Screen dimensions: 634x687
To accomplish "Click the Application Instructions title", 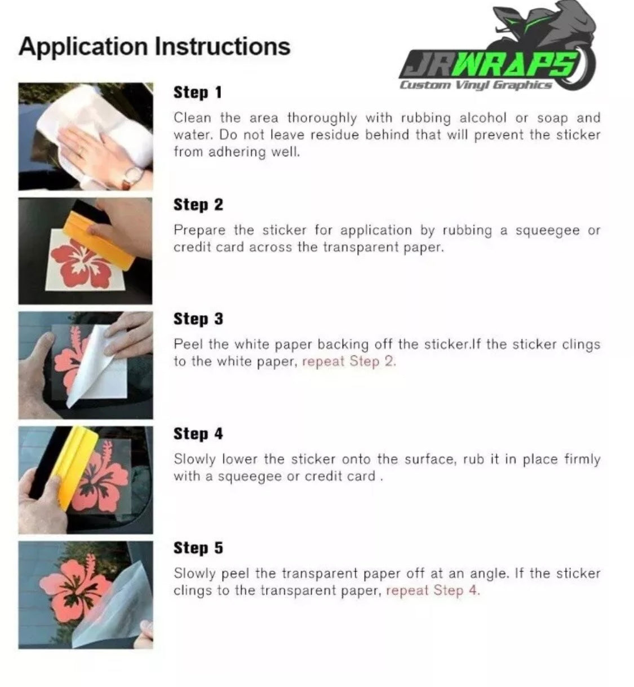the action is tap(154, 47).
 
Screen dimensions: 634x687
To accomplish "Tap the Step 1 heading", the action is tap(197, 93).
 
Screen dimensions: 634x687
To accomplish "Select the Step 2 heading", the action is tap(198, 204).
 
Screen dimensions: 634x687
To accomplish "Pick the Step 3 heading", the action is tap(198, 319).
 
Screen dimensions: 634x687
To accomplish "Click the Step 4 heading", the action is tap(198, 433).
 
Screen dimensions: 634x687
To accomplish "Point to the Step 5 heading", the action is tap(198, 548).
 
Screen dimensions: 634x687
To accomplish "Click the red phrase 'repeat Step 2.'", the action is tap(349, 362).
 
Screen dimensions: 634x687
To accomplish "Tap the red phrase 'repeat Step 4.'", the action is tap(433, 590).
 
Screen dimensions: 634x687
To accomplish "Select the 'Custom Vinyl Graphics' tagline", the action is tap(476, 85).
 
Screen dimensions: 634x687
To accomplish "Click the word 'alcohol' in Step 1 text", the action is tap(482, 118).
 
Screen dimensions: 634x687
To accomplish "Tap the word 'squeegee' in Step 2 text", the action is tap(548, 231).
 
